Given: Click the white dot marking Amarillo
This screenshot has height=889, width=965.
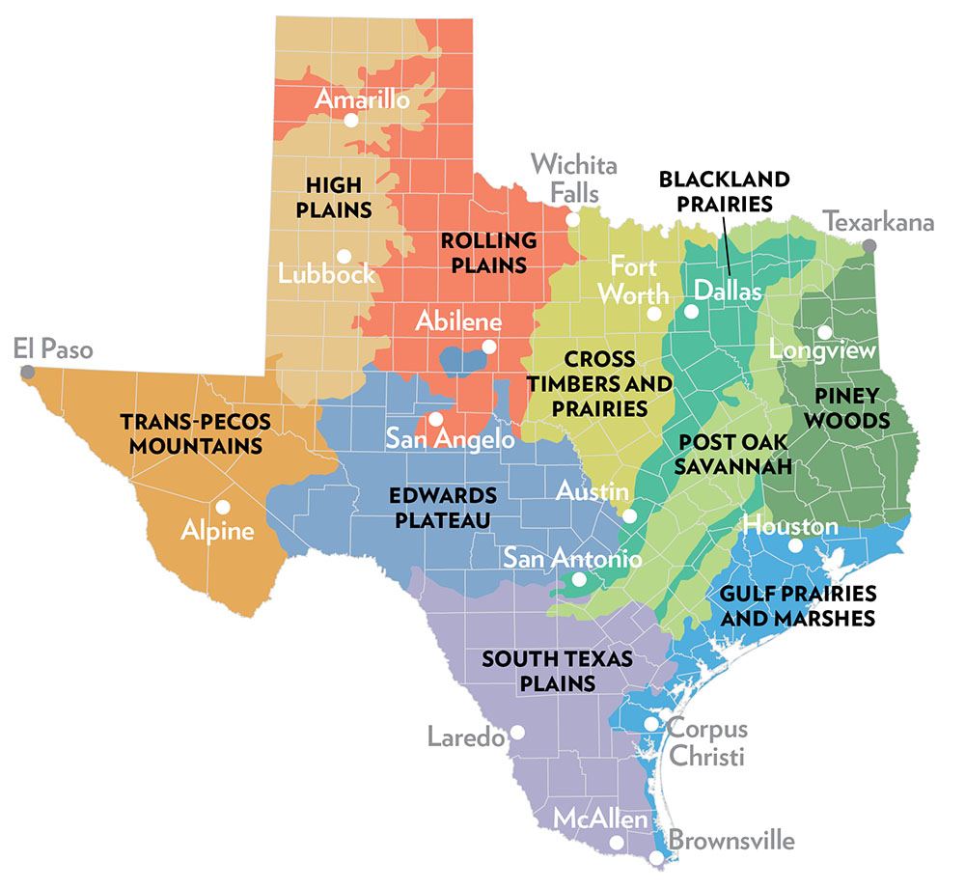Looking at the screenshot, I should point(350,120).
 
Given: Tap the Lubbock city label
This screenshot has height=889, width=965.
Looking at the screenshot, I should point(326,273).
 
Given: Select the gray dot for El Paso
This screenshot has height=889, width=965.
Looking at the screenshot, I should point(27,372).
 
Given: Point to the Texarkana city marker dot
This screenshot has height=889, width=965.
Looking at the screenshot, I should point(869,245).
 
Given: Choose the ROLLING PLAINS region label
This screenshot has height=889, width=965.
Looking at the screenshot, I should point(488,251).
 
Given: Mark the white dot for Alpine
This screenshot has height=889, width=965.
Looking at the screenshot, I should point(223,506).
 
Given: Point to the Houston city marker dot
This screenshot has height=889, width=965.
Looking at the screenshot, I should point(794,545).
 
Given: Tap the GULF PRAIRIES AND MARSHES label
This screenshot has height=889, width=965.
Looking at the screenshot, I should point(798,605).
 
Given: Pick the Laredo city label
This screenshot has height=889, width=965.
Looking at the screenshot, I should point(465,738).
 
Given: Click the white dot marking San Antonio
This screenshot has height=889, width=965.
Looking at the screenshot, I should point(578,580).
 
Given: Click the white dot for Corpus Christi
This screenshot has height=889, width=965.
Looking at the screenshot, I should point(651,723).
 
